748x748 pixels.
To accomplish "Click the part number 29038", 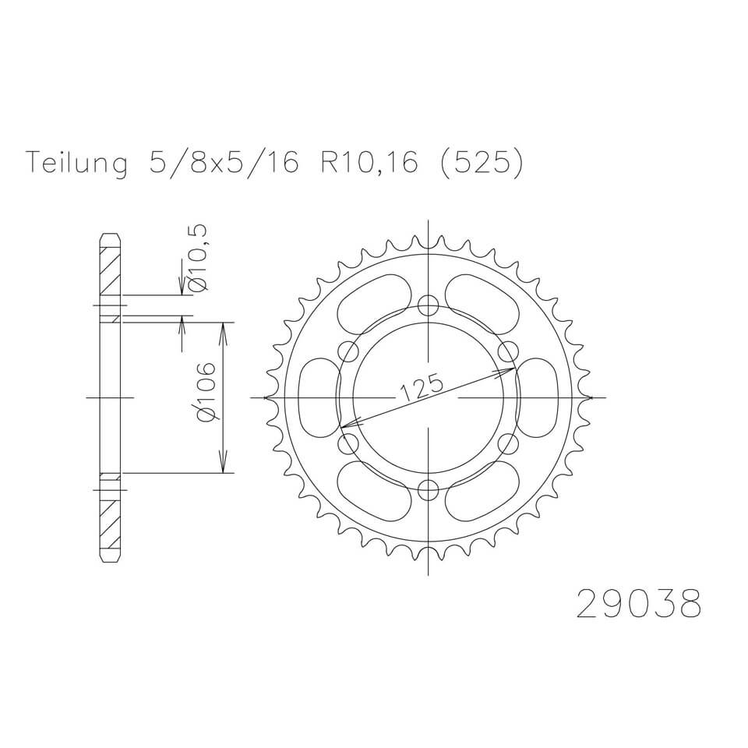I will tap(638, 603).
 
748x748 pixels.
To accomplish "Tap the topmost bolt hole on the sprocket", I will tap(428, 305).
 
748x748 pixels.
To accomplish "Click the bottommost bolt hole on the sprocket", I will tap(428, 490).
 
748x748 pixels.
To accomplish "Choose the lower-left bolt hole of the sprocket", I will tap(348, 444).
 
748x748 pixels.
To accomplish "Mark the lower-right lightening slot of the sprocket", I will tap(482, 492).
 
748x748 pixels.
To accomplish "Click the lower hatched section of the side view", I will tap(110, 522).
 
